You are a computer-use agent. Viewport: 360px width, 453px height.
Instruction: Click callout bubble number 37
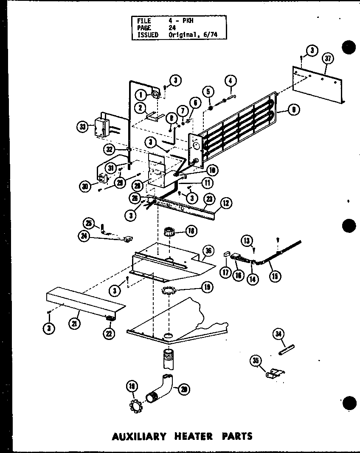(x=327, y=59)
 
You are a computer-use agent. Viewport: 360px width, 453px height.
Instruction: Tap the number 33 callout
(x=83, y=126)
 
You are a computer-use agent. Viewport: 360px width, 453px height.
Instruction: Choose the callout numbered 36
(x=208, y=250)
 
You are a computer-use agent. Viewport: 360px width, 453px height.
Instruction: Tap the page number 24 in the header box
(x=172, y=28)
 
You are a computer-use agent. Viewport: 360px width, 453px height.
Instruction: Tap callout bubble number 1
(x=141, y=95)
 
